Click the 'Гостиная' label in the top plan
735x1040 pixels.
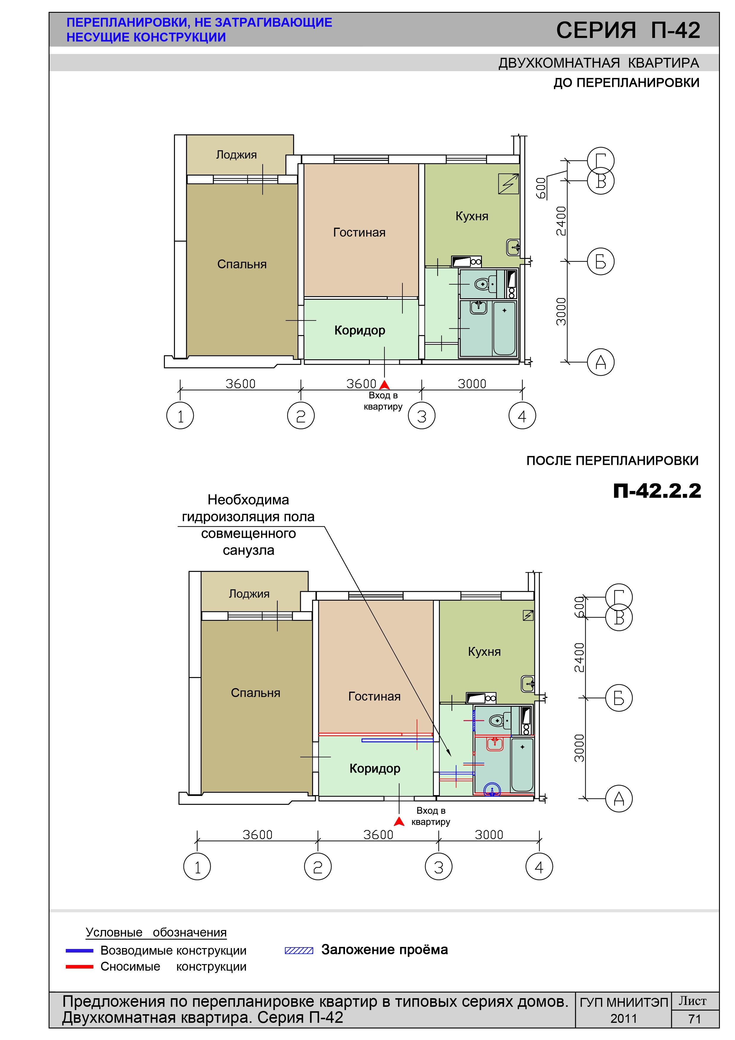coord(359,232)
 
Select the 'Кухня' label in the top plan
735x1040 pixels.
coord(472,216)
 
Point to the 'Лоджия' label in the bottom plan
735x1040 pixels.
coord(249,594)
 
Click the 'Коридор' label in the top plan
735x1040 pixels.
coord(359,330)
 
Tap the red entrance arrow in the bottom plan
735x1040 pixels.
coord(399,821)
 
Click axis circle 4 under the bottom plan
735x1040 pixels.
coord(539,867)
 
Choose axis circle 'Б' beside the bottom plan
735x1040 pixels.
coord(619,698)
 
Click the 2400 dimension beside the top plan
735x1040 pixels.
coord(561,221)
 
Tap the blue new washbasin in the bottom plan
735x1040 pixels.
coord(492,790)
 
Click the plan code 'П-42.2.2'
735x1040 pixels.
coord(657,491)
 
